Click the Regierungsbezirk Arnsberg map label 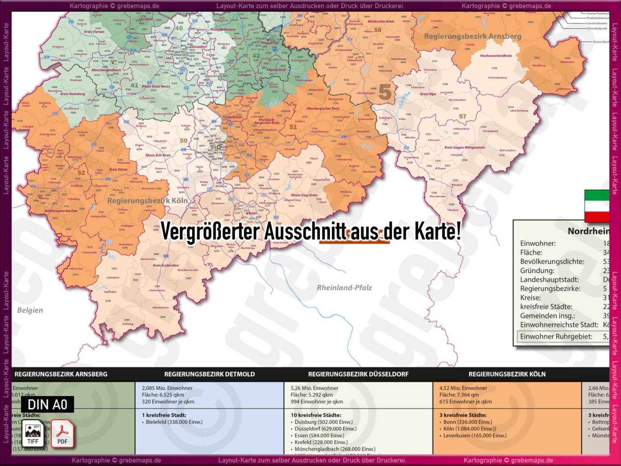tap(472, 36)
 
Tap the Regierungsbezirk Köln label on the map tap(147, 201)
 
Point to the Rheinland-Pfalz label tap(344, 288)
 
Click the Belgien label tap(30, 310)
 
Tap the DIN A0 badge tap(47, 405)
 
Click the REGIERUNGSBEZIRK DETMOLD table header tap(209, 374)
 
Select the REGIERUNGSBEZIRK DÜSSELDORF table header tap(358, 374)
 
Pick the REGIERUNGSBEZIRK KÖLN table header tap(507, 374)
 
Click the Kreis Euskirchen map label tap(166, 265)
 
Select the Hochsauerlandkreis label tap(496, 56)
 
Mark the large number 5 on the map tap(384, 92)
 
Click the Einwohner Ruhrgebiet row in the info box tap(556, 337)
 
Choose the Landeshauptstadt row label tap(549, 280)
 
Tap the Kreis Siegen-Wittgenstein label tap(465, 148)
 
